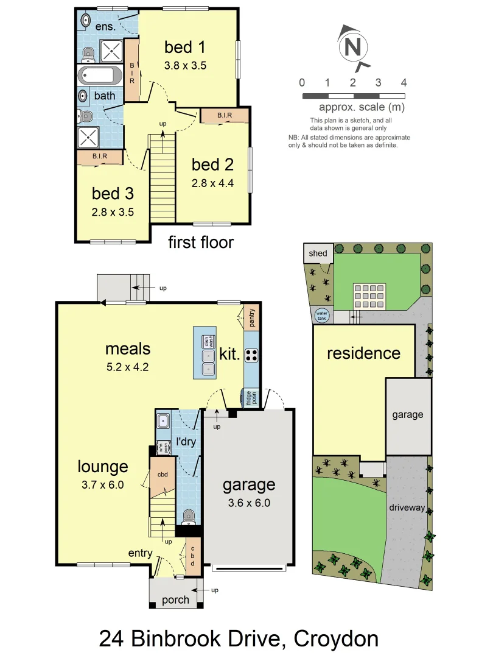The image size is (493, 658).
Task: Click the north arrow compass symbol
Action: tap(351, 47)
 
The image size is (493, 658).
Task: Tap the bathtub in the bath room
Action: tap(99, 76)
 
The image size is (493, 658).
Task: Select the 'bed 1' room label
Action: tap(185, 47)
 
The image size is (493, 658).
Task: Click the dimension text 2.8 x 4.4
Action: tap(212, 182)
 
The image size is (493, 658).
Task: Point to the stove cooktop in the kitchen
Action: tap(251, 355)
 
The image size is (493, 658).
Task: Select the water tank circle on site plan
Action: tap(321, 316)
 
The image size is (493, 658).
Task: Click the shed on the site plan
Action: tap(318, 253)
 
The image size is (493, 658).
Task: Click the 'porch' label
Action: tap(175, 600)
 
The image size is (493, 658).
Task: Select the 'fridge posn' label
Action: tap(251, 397)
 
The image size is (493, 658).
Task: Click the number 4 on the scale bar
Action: tap(404, 83)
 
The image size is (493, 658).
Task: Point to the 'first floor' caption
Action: tap(201, 242)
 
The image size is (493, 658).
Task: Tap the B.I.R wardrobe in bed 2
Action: tap(224, 115)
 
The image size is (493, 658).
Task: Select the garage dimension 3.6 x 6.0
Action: tap(248, 503)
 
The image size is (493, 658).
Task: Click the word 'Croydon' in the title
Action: tap(336, 639)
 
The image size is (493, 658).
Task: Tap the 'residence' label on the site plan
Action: tap(363, 353)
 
